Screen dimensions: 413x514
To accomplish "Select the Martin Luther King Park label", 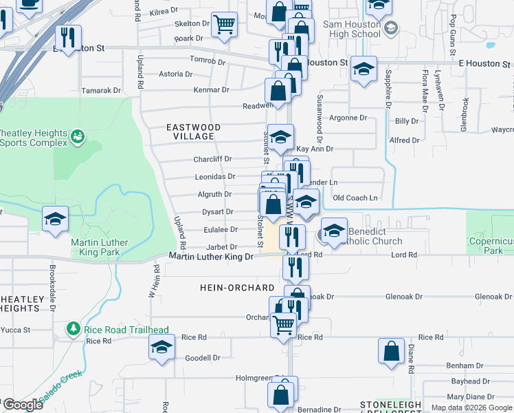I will click(96, 247).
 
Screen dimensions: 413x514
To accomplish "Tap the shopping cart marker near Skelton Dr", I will click(224, 24).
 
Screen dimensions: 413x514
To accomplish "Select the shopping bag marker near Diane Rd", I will click(390, 350).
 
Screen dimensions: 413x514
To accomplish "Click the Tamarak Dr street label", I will click(101, 90).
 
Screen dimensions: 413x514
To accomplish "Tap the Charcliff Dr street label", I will click(212, 159).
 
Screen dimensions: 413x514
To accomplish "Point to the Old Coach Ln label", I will click(355, 198).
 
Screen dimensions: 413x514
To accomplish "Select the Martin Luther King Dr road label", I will click(212, 257).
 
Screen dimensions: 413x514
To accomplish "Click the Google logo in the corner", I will click(23, 405).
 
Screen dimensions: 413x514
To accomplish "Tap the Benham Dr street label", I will click(460, 366).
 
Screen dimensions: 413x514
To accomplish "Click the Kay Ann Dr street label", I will click(314, 149).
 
